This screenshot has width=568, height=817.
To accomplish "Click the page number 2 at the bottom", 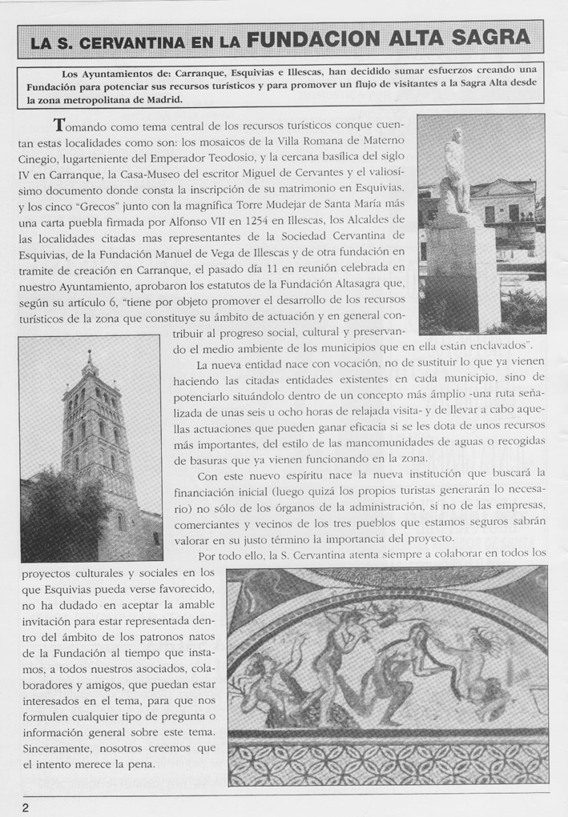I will tap(26, 806).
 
